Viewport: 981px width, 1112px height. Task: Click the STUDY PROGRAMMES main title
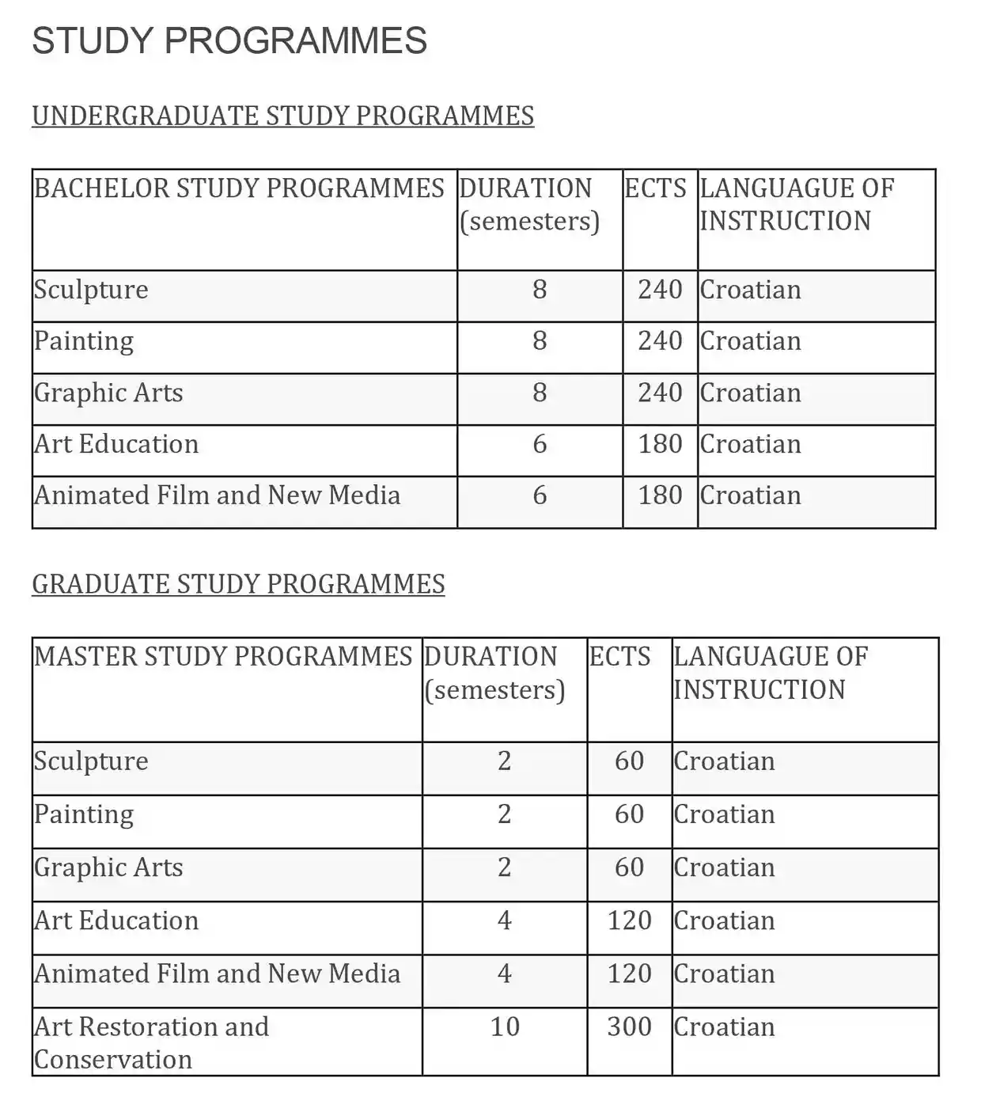(x=229, y=41)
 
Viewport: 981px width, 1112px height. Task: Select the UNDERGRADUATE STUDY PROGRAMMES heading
(x=282, y=116)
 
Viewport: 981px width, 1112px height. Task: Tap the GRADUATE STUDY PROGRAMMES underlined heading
(x=238, y=584)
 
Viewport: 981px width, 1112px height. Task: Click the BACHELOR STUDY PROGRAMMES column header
(x=239, y=188)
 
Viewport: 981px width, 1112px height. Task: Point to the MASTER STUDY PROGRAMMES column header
(x=223, y=657)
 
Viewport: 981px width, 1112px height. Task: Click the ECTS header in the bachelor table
(x=655, y=188)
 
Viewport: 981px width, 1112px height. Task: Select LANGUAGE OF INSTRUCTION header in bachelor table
(x=796, y=204)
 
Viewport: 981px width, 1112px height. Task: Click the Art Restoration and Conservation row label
(x=151, y=1042)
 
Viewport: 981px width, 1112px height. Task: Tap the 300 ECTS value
(x=629, y=1027)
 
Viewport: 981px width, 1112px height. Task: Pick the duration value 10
(x=505, y=1027)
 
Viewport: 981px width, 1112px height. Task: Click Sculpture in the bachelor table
(x=91, y=290)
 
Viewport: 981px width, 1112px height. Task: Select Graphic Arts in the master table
(x=108, y=867)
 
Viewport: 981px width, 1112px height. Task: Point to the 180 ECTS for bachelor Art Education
(x=660, y=444)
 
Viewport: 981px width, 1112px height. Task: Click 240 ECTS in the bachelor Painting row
(x=660, y=341)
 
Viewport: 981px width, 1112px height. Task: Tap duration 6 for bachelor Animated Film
(x=540, y=495)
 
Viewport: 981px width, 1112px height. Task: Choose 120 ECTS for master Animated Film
(x=629, y=973)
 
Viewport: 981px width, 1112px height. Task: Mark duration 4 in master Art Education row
(x=505, y=920)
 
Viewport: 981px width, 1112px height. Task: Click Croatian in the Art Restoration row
(x=724, y=1027)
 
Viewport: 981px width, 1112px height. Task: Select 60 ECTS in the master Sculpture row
(x=629, y=761)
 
